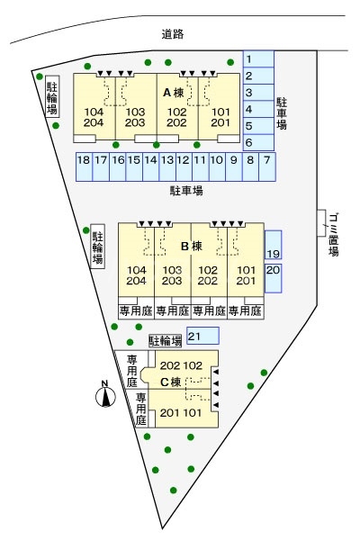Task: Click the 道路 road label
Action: click(173, 34)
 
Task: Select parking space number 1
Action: click(258, 58)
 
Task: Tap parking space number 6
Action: click(258, 142)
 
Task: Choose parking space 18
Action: click(84, 167)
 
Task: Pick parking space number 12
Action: click(184, 167)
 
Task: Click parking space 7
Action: click(267, 167)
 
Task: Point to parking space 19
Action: click(274, 245)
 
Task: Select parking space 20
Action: click(274, 278)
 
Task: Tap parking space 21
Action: click(202, 336)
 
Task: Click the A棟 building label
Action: click(174, 93)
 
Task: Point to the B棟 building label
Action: click(192, 247)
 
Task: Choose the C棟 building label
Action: click(171, 382)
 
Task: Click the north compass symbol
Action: click(105, 395)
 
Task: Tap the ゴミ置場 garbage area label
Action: click(333, 235)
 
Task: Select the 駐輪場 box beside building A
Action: click(52, 96)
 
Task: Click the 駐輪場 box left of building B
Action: click(97, 247)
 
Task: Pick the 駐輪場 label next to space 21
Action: click(166, 341)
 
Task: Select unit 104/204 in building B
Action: click(136, 275)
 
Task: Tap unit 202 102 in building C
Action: click(181, 365)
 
